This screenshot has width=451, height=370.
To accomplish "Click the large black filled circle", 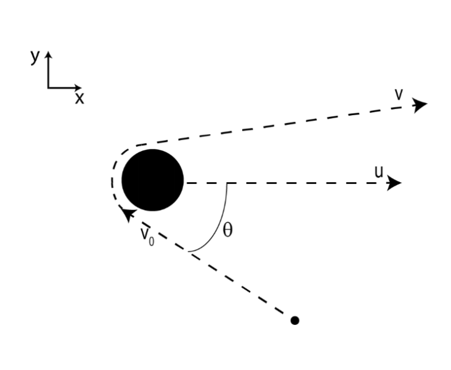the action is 153,179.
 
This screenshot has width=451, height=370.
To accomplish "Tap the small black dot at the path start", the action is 295,320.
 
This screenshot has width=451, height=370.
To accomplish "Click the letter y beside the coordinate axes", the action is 35,57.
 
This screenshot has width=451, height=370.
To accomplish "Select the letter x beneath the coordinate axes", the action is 79,99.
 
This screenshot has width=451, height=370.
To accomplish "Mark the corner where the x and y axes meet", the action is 48,88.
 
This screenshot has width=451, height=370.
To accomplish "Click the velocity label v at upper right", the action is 399,95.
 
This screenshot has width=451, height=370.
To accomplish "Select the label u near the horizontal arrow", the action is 379,172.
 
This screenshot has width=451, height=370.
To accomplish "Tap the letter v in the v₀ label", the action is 145,234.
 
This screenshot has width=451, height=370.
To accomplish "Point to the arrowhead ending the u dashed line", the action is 394,183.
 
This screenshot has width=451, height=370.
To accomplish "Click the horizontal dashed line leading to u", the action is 287,183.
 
